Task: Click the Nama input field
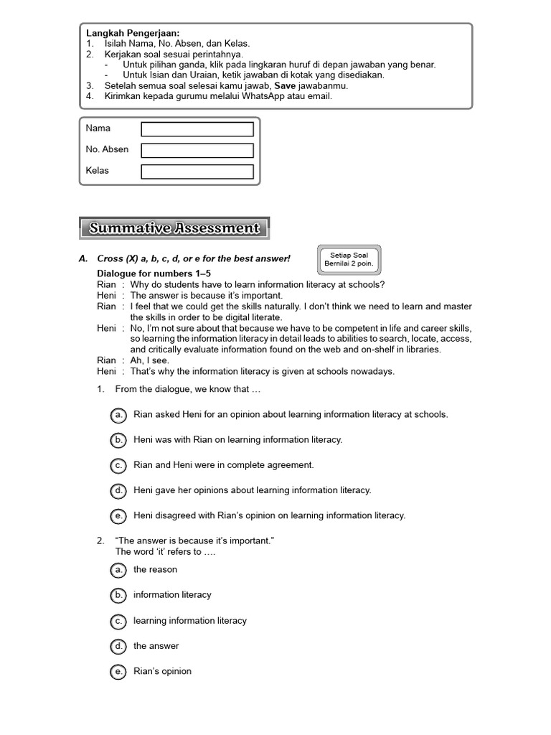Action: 197,129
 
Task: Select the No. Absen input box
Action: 197,151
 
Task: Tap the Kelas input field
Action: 197,172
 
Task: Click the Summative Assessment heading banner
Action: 174,228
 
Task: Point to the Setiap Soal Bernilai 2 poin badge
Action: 349,260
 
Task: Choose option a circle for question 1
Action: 118,415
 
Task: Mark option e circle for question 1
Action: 118,515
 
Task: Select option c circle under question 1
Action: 118,465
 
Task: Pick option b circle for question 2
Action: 118,595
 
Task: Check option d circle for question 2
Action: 118,646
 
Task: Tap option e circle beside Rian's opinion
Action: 118,672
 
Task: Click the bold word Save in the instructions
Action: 286,85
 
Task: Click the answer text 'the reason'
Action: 155,570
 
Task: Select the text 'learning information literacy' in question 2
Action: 189,621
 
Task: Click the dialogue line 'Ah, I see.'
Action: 149,360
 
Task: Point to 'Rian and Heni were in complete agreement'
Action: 223,465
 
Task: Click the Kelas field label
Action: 98,171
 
